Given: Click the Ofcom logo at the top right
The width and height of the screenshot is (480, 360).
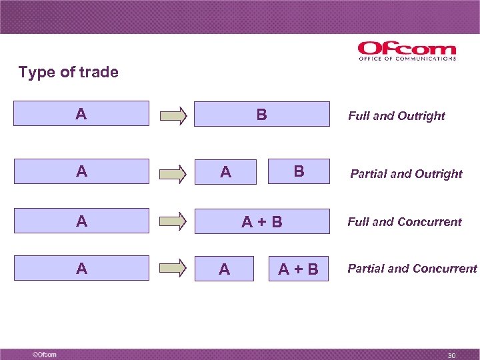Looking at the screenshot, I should pos(407,51).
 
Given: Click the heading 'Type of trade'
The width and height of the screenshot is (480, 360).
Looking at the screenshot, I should pos(68,72).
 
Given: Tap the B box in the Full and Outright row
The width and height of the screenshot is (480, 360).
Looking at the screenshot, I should pos(262,114).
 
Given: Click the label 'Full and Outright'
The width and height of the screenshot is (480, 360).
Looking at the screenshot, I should pos(396,116).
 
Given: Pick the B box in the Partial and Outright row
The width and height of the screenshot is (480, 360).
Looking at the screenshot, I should pos(299,171).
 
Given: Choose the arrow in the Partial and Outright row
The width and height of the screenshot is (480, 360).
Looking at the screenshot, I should pos(173,173).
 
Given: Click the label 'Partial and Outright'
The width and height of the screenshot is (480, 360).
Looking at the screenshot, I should pos(406,174).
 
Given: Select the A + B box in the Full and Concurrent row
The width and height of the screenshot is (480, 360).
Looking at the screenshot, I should pos(262,221).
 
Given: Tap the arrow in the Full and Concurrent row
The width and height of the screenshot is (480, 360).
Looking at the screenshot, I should pos(173,222).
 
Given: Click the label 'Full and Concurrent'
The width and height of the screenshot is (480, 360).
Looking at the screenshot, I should pos(404,222).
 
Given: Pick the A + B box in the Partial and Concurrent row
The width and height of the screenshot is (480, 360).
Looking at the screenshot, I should pos(298,269).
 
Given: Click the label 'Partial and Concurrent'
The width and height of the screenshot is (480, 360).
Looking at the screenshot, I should pos(412,269).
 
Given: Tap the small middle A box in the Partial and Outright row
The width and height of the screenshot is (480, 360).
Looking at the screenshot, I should pos(225,172).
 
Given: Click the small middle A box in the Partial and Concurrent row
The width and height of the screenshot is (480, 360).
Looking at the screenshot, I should pos(224,269).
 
